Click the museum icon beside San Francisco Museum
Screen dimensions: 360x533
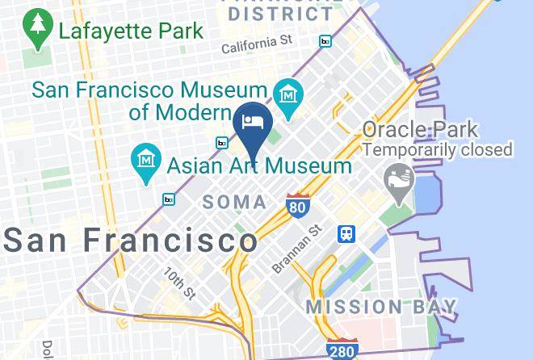pos(287,95)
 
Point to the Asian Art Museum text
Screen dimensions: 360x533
pos(259,166)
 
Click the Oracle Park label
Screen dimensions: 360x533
pos(419,129)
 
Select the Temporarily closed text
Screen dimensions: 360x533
pos(438,149)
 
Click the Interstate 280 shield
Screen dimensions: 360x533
pos(342,349)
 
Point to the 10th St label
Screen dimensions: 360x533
pos(180,282)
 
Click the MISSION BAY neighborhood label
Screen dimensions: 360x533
pos(381,308)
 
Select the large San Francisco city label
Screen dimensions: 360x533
pos(132,240)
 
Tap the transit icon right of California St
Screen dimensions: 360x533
pos(325,41)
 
